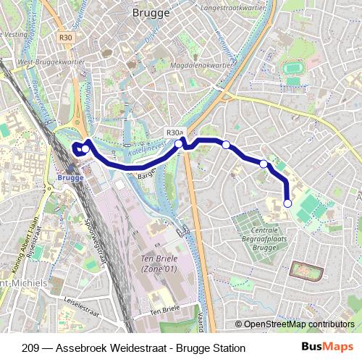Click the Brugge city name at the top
click(x=151, y=12)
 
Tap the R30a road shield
click(x=175, y=132)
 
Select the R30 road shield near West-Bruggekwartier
click(x=67, y=37)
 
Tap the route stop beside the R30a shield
click(x=179, y=143)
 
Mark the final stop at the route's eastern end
click(x=287, y=203)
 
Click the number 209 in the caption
click(x=31, y=348)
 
